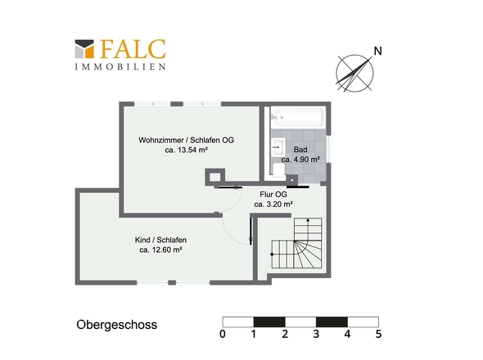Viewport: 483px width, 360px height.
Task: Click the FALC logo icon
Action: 84,48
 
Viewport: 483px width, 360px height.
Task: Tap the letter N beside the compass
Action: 377,52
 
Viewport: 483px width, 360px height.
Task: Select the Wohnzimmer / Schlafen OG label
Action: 186,140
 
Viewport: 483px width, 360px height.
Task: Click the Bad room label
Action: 300,150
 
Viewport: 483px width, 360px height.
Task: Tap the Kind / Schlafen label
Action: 161,240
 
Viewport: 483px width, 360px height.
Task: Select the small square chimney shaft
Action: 214,176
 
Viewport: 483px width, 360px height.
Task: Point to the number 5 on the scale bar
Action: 378,334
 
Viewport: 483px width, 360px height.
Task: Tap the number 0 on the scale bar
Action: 223,334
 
